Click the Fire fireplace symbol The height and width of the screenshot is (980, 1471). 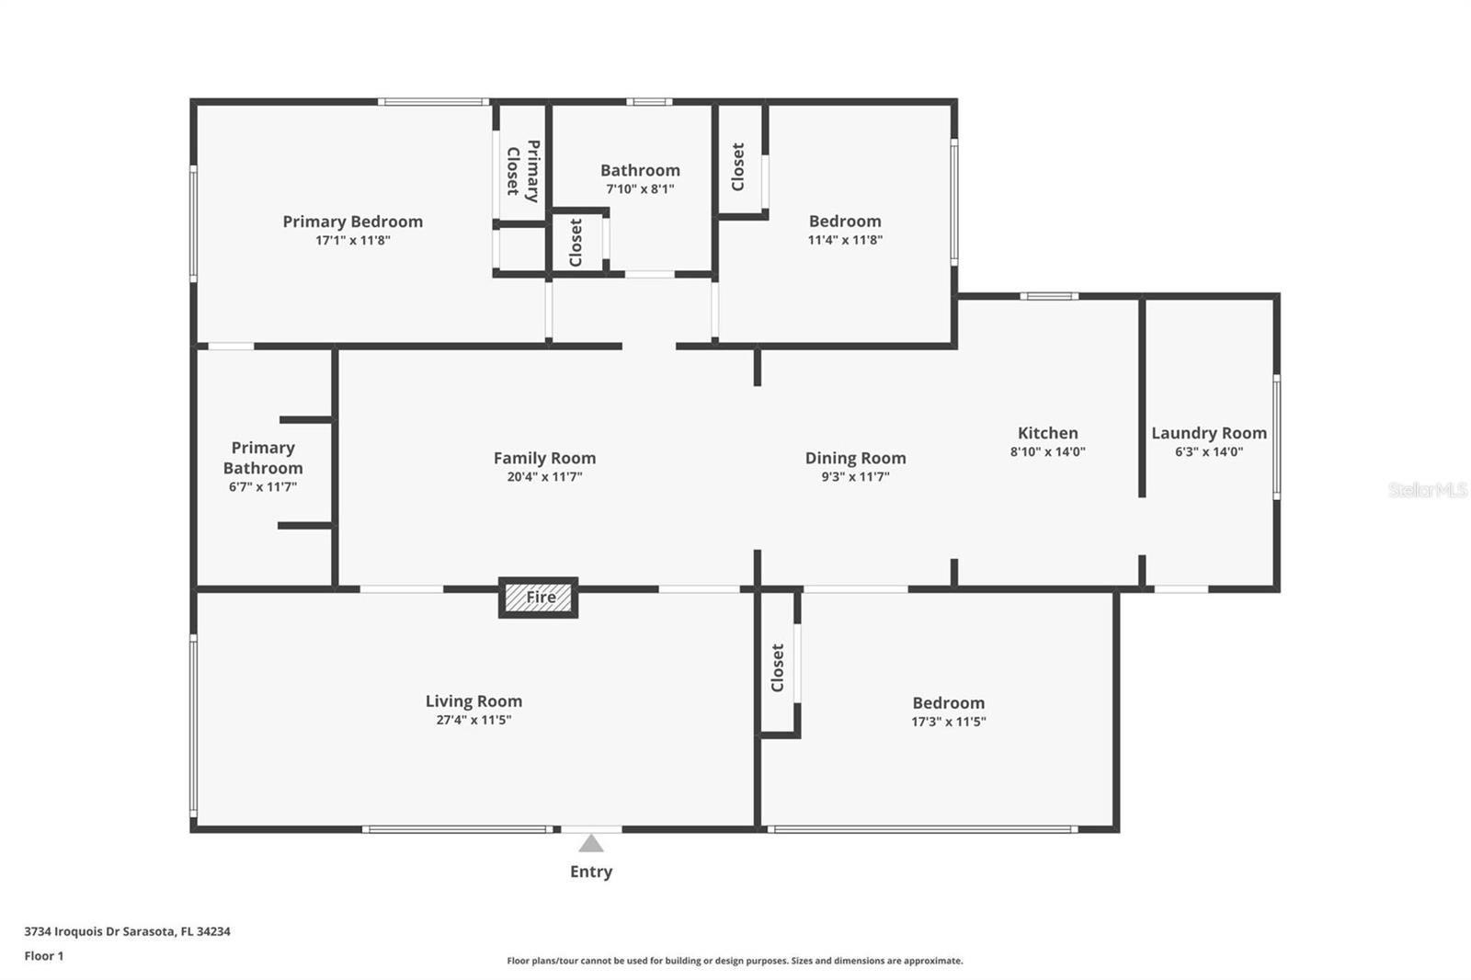pos(539,598)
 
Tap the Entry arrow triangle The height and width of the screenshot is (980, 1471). pos(591,843)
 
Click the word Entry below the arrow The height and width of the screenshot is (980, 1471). pos(591,872)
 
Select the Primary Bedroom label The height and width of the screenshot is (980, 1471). pos(353,222)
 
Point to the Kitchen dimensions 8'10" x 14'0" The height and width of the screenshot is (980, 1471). pos(1047,452)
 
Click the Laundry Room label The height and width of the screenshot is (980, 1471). pos(1209,433)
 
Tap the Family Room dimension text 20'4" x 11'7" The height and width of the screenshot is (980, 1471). pos(544,477)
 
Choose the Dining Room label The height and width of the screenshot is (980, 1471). pos(855,458)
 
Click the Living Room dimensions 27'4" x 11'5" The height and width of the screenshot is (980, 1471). pos(473,720)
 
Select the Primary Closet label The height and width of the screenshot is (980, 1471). pos(523,171)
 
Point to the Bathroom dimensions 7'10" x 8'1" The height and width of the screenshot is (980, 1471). pos(640,189)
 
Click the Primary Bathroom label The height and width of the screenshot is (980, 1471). pos(263,458)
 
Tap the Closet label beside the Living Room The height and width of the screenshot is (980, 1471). pos(777,667)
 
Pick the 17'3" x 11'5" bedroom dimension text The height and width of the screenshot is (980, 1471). pos(948,722)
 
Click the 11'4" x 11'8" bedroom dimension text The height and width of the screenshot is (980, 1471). pos(845,240)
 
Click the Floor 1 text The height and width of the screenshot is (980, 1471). pos(44,956)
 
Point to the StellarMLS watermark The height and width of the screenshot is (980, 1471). pos(1428,490)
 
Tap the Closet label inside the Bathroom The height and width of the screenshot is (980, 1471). pos(576,243)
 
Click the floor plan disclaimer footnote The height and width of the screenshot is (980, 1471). pos(735,961)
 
